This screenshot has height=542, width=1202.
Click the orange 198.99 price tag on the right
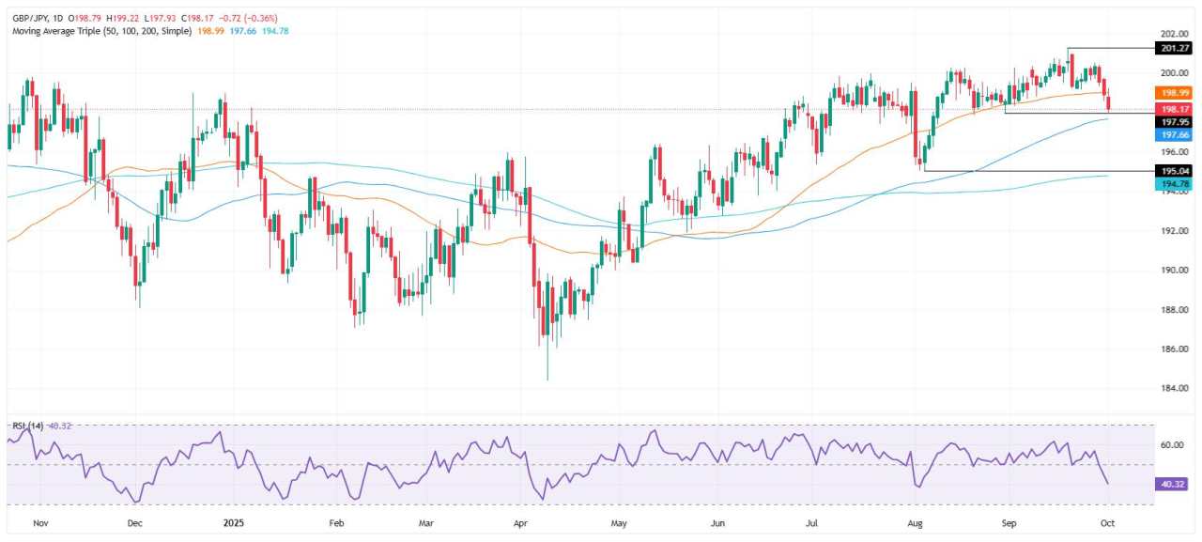(1177, 93)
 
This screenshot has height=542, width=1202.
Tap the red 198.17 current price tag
(1177, 109)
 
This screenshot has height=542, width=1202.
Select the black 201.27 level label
(1177, 49)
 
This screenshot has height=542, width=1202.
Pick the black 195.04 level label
(1177, 171)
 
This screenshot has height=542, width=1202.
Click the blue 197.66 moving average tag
(1177, 135)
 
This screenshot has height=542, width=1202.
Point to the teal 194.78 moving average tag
(1177, 186)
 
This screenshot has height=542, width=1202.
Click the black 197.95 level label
(1177, 122)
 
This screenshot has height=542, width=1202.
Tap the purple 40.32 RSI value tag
(1177, 484)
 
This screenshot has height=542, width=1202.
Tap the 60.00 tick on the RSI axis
(1174, 444)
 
